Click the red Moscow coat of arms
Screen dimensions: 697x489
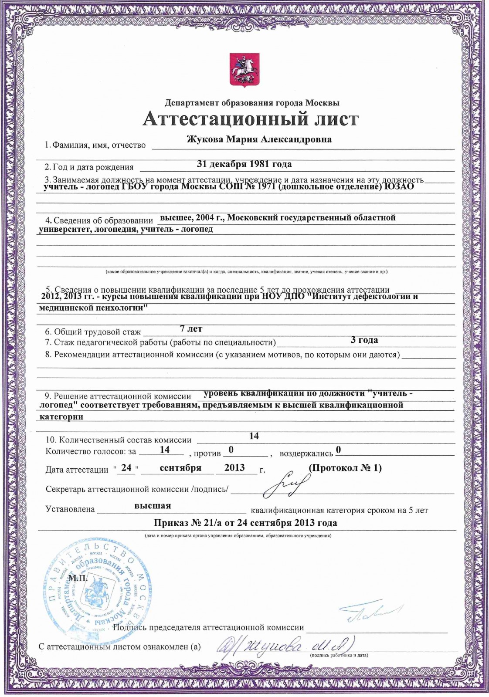[244, 69]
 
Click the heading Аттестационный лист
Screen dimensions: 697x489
[251, 119]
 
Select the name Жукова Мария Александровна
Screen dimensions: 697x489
[259, 139]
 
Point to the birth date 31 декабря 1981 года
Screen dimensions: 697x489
[244, 164]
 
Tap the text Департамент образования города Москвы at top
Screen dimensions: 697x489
[252, 103]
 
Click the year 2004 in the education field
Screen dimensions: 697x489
[205, 217]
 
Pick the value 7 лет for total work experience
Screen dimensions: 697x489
[191, 329]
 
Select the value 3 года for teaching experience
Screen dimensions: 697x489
[364, 340]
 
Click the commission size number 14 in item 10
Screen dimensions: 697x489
[254, 436]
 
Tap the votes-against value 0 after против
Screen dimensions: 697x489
[231, 450]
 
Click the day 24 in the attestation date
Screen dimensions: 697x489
[126, 467]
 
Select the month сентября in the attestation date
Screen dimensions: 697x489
[180, 468]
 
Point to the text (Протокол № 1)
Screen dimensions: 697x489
[345, 468]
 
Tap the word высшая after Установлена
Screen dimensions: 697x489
[153, 506]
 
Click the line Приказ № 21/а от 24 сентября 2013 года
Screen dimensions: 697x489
[245, 523]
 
